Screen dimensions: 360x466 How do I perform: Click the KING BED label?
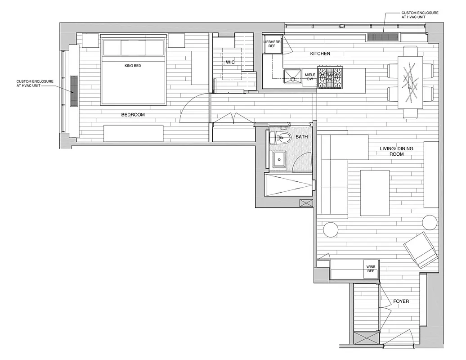click(133, 66)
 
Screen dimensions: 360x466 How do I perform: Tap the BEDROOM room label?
click(133, 115)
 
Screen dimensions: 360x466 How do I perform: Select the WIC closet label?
click(230, 62)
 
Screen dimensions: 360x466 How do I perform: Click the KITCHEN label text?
click(320, 54)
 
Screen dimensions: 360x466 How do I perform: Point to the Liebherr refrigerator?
click(272, 44)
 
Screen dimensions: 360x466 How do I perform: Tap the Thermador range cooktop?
click(330, 77)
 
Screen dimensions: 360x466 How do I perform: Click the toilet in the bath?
click(283, 138)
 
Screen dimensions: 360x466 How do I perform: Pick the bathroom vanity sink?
click(279, 160)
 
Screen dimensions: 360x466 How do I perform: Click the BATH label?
click(301, 136)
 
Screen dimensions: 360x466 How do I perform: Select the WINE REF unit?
click(371, 269)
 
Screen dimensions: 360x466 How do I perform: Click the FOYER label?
click(401, 301)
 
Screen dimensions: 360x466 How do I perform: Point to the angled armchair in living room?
click(421, 251)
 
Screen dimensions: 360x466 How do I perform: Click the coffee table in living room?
click(375, 193)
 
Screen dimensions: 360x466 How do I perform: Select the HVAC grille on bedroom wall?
click(74, 90)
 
